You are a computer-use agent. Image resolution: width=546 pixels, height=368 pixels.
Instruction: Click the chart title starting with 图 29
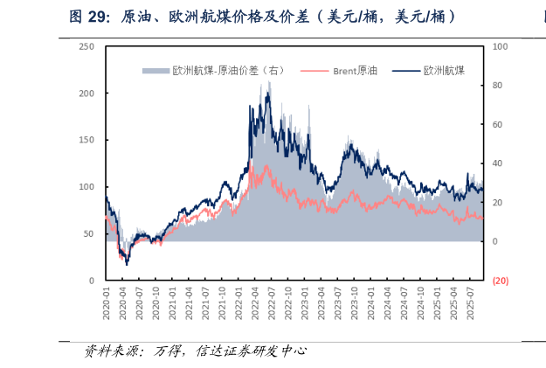(262, 17)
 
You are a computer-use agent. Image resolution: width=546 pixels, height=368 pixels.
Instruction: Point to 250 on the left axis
(87, 46)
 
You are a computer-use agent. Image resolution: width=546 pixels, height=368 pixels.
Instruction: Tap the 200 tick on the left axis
(87, 93)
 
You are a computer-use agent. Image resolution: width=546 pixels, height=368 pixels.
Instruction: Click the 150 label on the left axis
(87, 140)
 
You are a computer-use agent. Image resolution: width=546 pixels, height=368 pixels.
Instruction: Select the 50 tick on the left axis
(89, 233)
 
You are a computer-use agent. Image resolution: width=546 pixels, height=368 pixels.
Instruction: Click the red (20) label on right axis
(501, 281)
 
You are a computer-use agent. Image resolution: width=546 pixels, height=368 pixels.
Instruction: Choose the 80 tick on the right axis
(498, 86)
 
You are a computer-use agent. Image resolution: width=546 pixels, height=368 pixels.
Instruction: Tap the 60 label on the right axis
(498, 124)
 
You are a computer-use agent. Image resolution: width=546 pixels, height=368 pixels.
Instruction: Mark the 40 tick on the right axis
(498, 163)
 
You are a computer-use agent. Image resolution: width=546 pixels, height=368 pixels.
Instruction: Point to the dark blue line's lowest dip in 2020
(127, 264)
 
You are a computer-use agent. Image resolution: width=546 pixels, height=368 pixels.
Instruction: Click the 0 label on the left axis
(92, 281)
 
